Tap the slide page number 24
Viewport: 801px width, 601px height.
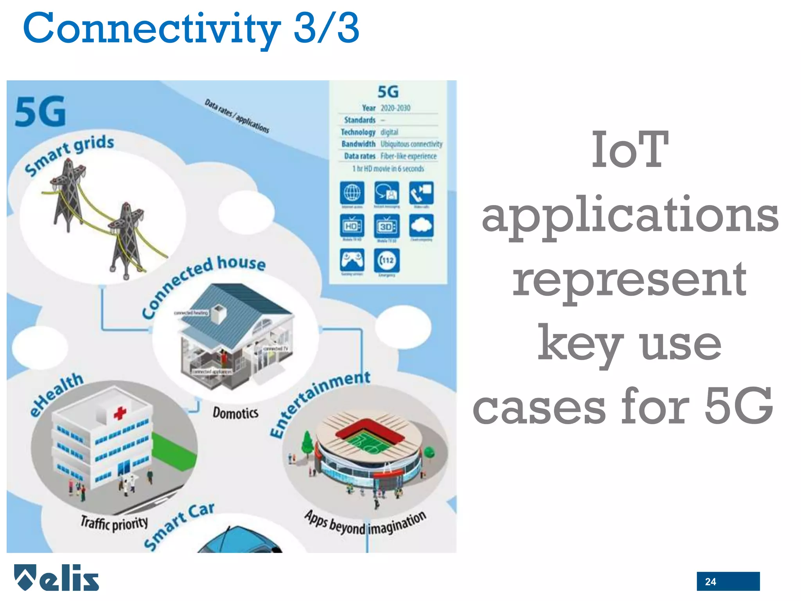(710, 582)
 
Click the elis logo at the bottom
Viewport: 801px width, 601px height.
(57, 578)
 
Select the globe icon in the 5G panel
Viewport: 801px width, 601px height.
(352, 193)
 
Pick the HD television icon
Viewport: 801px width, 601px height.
(352, 226)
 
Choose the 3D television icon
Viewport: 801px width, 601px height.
(386, 226)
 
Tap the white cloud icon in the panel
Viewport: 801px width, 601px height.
(421, 225)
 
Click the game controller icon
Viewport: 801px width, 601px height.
(352, 260)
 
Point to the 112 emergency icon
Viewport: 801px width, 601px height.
(387, 260)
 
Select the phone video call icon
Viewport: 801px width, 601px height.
(421, 193)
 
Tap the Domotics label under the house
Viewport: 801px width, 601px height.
(235, 413)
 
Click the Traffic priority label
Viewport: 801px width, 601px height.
(114, 523)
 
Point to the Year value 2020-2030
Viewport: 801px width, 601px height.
(395, 108)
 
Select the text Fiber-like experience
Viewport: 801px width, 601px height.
(408, 156)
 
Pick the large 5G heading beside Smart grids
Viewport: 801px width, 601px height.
(40, 112)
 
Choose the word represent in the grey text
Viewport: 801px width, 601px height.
(629, 279)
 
